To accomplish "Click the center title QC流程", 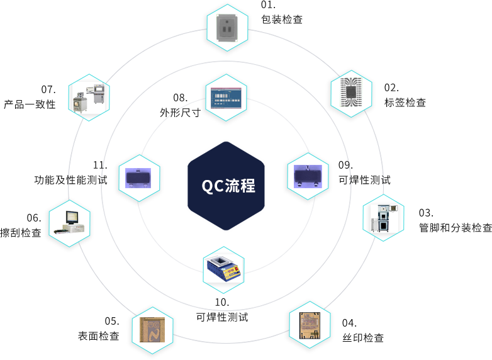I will pyautogui.click(x=228, y=186).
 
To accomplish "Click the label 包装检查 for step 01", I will pyautogui.click(x=281, y=19).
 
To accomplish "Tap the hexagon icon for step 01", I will pyautogui.click(x=227, y=28).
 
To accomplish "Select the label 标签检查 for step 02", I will pyautogui.click(x=405, y=102).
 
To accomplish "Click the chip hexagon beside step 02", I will pyautogui.click(x=351, y=94).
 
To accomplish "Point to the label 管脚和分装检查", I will pyautogui.click(x=456, y=227).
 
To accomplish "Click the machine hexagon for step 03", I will pyautogui.click(x=383, y=218).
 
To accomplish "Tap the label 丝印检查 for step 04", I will pyautogui.click(x=363, y=338).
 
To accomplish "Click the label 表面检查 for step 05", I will pyautogui.click(x=98, y=336).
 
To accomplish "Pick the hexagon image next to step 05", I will pyautogui.click(x=152, y=329).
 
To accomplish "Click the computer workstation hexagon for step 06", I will pyautogui.click(x=69, y=224).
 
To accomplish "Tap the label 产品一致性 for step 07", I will pyautogui.click(x=30, y=104).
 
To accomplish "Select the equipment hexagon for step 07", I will pyautogui.click(x=90, y=98).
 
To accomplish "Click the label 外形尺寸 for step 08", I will pyautogui.click(x=179, y=113).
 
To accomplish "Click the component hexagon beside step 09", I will pyautogui.click(x=308, y=177).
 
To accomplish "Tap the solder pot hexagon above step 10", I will pyautogui.click(x=223, y=269).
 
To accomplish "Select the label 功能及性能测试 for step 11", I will pyautogui.click(x=70, y=179).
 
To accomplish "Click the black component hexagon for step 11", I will pyautogui.click(x=139, y=179).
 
